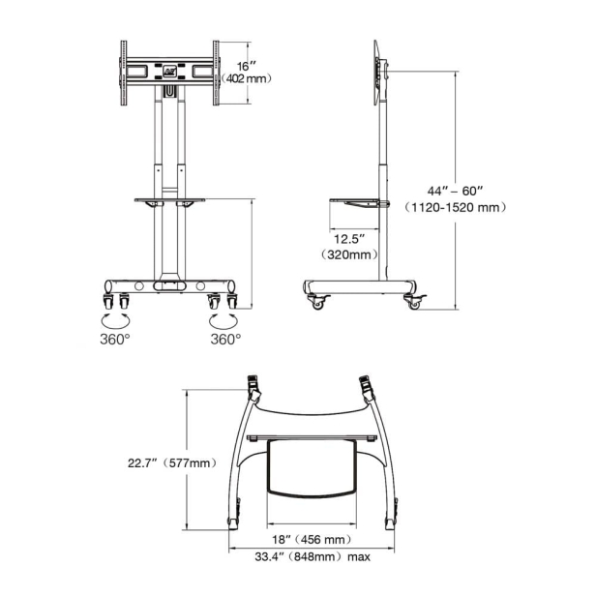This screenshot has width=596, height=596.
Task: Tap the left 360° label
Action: pos(114,340)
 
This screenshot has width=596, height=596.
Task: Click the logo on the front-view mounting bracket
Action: pos(170,70)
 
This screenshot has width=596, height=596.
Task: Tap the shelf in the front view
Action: pos(170,200)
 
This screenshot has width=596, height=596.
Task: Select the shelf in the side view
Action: pos(359,203)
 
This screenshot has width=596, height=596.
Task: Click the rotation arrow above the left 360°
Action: pos(114,318)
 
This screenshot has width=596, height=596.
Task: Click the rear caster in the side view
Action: pos(317,303)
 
